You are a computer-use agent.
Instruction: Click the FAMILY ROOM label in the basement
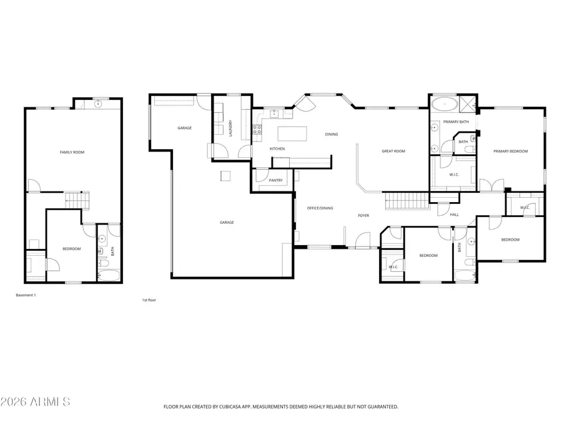click(x=72, y=152)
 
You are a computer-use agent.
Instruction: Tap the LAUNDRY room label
click(x=230, y=128)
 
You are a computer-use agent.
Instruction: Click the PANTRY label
click(x=275, y=181)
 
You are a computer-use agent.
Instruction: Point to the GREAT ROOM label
click(x=393, y=151)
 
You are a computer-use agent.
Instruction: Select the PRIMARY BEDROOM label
click(x=510, y=152)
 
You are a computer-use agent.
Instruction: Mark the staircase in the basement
click(x=77, y=200)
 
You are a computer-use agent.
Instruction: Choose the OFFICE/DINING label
click(x=320, y=208)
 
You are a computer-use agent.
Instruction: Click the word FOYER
click(x=363, y=216)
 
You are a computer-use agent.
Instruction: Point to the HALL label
click(x=454, y=215)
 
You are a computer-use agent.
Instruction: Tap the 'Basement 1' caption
click(x=26, y=295)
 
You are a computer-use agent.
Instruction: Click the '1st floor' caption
click(x=149, y=300)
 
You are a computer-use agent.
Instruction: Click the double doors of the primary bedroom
click(x=492, y=185)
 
